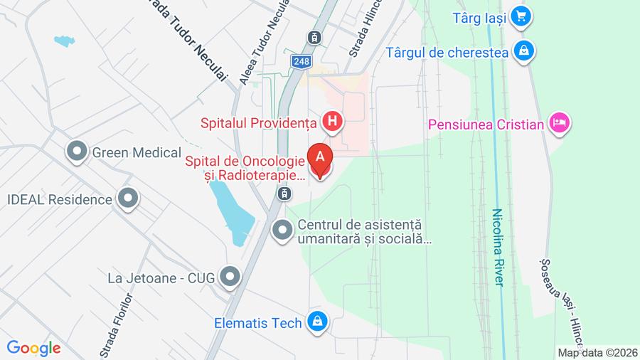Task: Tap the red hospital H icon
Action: tap(332, 123)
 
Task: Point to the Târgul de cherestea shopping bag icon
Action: tap(525, 51)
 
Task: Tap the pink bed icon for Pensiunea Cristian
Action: tap(560, 125)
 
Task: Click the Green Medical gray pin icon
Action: tap(76, 151)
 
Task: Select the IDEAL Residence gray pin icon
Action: tap(128, 199)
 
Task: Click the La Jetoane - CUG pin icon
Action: tap(230, 277)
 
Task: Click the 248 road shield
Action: tap(301, 62)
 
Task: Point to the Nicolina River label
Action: tap(498, 247)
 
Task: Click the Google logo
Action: tap(33, 349)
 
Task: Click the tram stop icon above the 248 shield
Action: tap(313, 37)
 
